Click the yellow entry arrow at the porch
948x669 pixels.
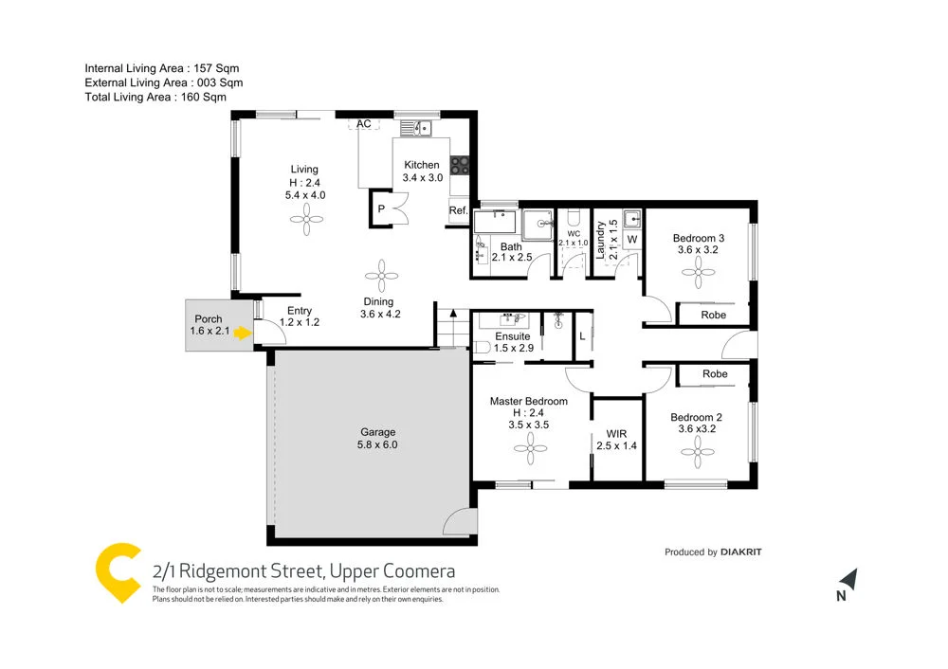click(x=243, y=334)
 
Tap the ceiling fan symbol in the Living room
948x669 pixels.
click(x=306, y=224)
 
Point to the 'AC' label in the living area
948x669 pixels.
click(x=363, y=124)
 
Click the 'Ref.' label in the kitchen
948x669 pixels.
click(x=458, y=210)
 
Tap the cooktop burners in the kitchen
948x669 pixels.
click(x=461, y=165)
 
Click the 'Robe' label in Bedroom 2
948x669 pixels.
click(x=715, y=374)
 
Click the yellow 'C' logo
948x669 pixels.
click(x=118, y=572)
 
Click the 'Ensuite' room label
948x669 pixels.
click(x=513, y=336)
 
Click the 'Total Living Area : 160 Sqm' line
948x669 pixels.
click(x=156, y=97)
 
